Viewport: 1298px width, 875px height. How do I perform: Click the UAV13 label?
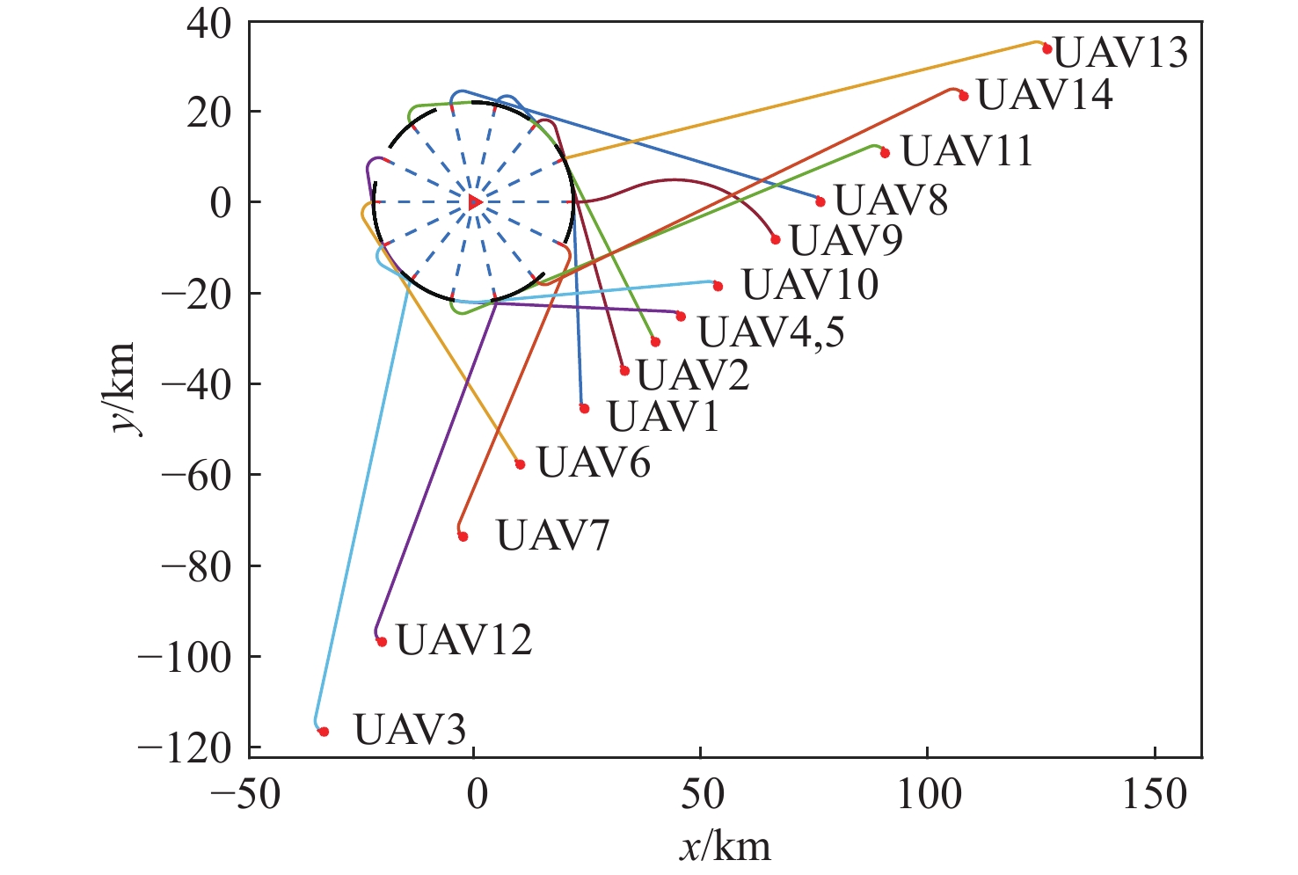point(1120,54)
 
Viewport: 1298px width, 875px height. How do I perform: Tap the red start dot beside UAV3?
point(324,732)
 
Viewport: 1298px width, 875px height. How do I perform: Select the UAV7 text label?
point(552,536)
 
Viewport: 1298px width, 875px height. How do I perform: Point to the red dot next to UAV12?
point(382,642)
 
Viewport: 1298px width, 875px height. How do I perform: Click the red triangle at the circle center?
point(475,202)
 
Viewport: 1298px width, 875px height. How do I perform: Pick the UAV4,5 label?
point(770,332)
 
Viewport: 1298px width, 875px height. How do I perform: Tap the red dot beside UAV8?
point(820,201)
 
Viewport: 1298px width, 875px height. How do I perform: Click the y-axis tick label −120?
point(183,747)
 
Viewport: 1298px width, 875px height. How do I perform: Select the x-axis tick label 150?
point(1154,795)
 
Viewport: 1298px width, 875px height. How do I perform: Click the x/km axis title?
point(725,847)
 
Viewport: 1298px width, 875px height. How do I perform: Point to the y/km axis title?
point(121,387)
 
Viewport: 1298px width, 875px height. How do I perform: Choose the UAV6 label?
point(594,463)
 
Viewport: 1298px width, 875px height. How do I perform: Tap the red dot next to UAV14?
point(964,96)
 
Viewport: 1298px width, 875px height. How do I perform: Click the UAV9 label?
point(846,240)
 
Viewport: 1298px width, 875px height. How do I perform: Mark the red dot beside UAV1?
point(585,408)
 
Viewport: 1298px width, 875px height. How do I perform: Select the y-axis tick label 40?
point(208,22)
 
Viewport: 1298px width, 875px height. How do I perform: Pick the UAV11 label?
point(966,151)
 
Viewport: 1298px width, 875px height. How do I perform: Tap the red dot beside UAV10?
point(718,286)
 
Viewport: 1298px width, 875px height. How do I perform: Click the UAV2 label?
point(693,376)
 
